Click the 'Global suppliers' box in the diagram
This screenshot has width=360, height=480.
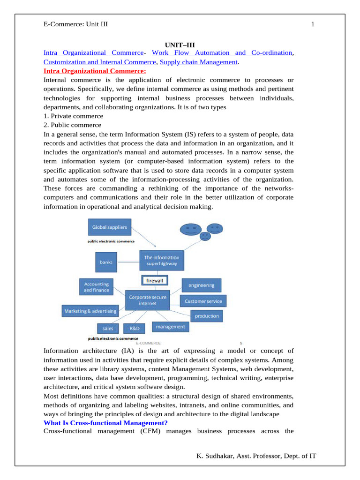click(109, 228)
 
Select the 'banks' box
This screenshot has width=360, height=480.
click(106, 262)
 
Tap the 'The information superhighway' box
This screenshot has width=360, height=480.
click(162, 261)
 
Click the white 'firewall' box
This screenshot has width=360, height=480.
click(155, 280)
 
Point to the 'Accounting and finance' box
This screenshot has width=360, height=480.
click(97, 287)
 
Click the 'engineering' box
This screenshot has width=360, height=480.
click(202, 285)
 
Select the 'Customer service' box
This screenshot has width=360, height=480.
click(203, 301)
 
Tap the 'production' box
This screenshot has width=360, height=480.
click(207, 316)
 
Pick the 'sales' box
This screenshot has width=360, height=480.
click(108, 329)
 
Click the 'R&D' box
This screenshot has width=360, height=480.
click(135, 329)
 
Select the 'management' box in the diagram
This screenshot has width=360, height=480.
click(170, 327)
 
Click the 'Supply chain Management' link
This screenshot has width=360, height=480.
click(198, 62)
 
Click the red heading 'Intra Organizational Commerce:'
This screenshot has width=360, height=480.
click(95, 71)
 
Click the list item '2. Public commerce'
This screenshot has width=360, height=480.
click(72, 125)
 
